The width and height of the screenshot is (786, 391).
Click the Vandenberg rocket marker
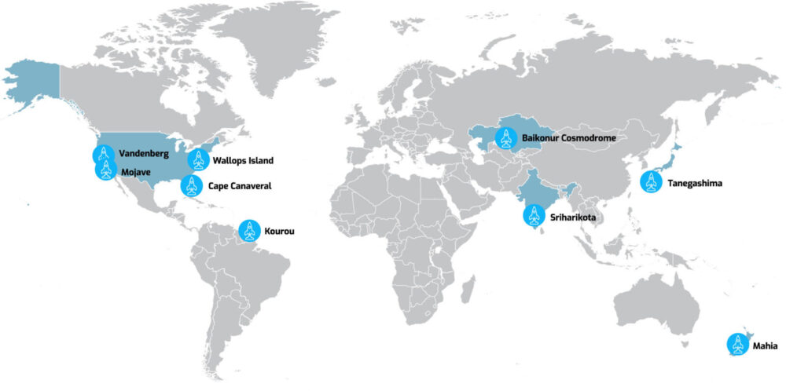pos(103,155)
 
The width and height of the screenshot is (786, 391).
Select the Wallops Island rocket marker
pos(198,160)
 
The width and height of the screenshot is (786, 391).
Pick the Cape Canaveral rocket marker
pos(192,186)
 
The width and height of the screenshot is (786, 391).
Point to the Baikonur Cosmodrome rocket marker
pos(505,138)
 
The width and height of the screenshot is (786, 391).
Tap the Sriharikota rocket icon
pos(534,214)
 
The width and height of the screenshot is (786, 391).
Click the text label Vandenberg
pos(145,155)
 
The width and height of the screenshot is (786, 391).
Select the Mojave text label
pos(138,170)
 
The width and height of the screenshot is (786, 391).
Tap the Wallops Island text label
pos(243,161)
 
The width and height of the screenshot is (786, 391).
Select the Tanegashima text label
pos(695,184)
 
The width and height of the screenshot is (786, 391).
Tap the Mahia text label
pos(765,345)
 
